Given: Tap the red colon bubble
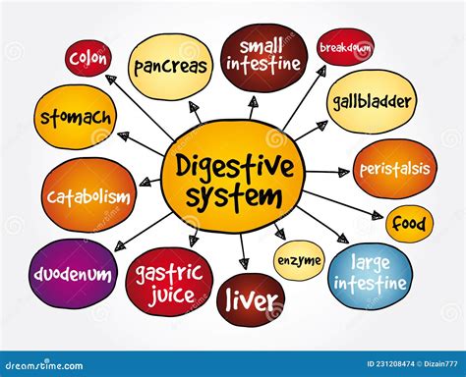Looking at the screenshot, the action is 88,58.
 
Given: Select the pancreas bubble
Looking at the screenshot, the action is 171,67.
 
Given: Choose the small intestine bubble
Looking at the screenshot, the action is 263,57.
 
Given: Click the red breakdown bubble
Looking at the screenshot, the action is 345,47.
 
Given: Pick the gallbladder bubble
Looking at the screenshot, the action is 372,101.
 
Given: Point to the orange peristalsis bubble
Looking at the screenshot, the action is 393,169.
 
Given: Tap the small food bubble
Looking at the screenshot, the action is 409,224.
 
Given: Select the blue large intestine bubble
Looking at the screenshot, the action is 370,272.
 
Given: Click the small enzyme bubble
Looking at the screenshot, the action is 299,260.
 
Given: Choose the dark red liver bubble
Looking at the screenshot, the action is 251,300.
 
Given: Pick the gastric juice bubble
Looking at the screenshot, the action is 169,282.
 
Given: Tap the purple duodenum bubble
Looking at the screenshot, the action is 74,274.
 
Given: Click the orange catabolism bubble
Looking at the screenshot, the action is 87,196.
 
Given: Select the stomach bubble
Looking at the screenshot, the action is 75,117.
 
